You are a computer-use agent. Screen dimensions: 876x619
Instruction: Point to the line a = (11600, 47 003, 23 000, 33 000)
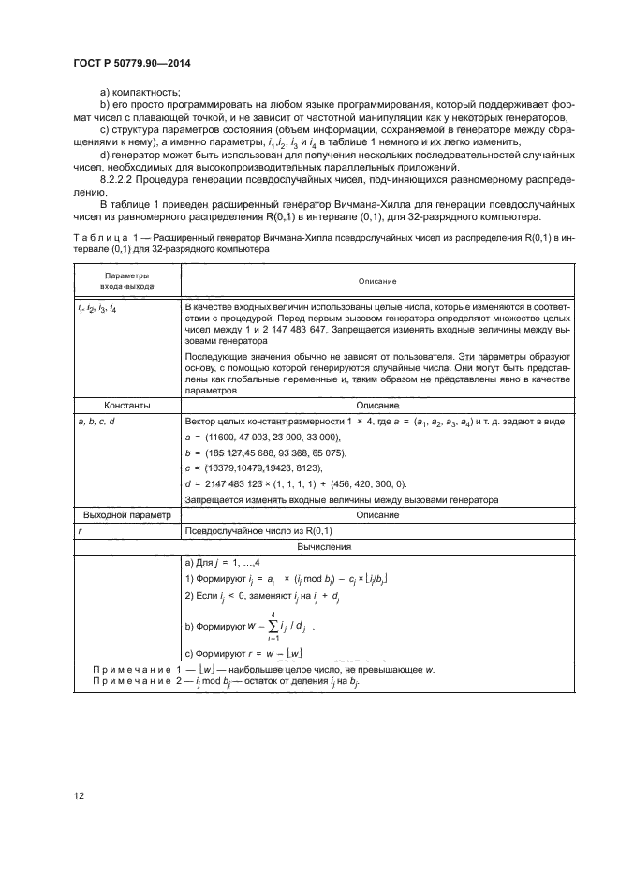click(x=266, y=438)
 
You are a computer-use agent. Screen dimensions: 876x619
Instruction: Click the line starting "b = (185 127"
click(x=266, y=453)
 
